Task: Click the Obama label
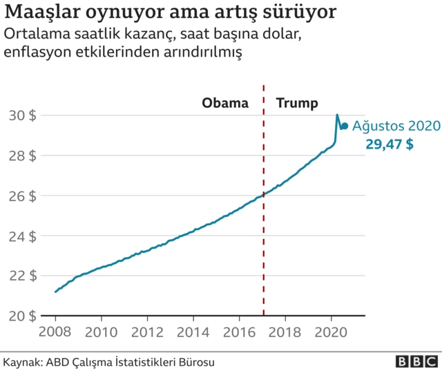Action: (x=224, y=104)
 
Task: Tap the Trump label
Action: (x=297, y=104)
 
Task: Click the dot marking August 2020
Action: (x=345, y=126)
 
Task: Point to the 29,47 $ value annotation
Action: (x=390, y=144)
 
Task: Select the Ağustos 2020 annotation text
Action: (x=396, y=126)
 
